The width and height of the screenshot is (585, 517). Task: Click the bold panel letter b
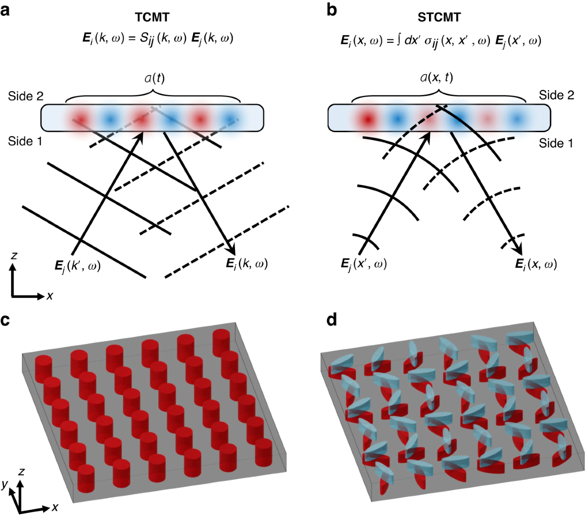coord(332,10)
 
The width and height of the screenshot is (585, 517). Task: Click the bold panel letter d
coord(332,320)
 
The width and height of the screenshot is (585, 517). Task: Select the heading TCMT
coord(152,18)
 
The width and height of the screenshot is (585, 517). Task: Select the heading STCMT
coord(439,18)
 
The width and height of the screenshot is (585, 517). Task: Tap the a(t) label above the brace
coord(155,78)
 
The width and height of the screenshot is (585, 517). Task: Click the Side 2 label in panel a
coord(25,96)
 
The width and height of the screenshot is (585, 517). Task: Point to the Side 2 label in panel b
coord(556,95)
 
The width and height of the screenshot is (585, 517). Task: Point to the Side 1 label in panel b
coord(556,143)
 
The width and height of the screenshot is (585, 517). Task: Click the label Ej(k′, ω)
coord(78,266)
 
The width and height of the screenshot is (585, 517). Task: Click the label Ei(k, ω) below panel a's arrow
coord(247,264)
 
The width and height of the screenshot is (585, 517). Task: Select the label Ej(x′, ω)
coord(364,264)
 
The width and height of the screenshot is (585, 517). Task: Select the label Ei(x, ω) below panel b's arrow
coord(536,264)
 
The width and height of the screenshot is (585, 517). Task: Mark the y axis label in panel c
coord(4,484)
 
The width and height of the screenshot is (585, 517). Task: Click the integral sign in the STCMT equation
coord(399,40)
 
